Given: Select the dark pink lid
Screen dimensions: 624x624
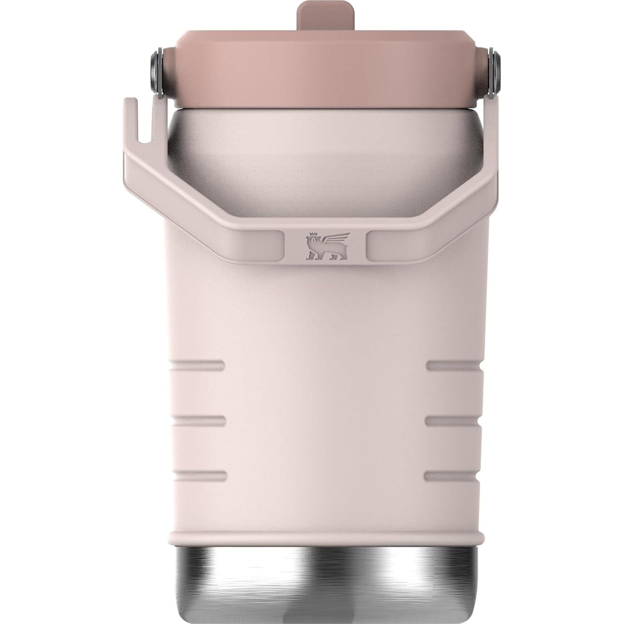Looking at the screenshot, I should (x=326, y=75).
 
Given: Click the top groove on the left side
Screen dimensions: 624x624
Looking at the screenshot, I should (x=198, y=366).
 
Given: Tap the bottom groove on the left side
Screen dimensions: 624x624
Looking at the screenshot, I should (x=200, y=476).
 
